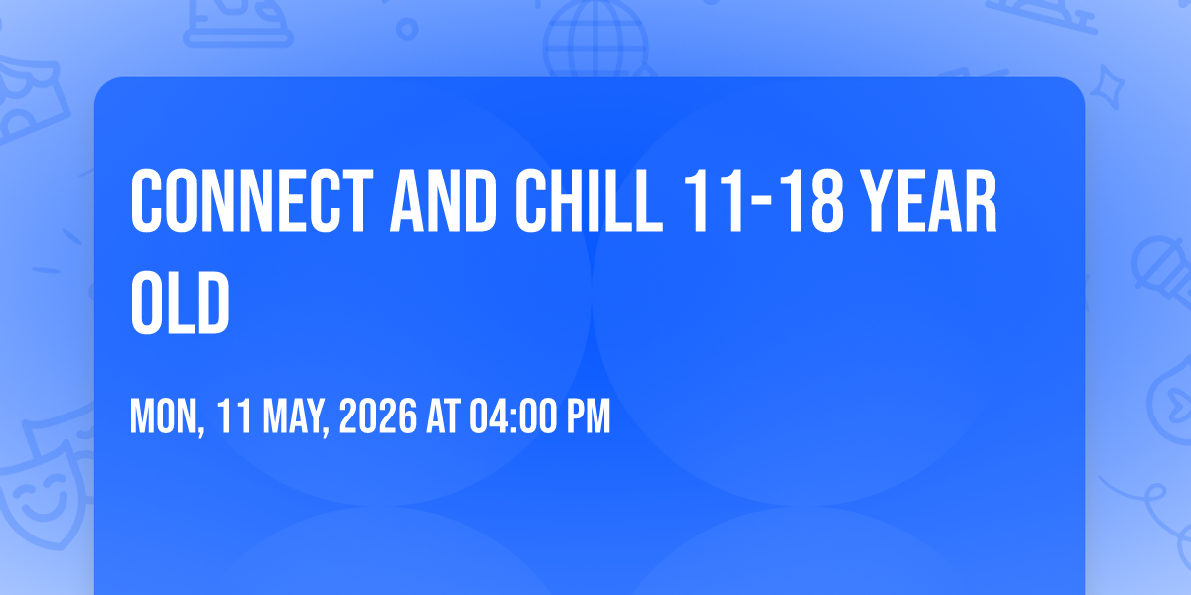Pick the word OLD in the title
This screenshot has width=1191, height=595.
click(181, 302)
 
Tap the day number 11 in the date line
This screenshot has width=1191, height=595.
click(234, 416)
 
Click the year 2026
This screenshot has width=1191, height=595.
click(378, 416)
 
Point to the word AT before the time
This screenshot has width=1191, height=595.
click(443, 416)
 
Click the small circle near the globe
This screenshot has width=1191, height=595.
click(407, 29)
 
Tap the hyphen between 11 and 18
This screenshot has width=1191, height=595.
click(763, 202)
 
